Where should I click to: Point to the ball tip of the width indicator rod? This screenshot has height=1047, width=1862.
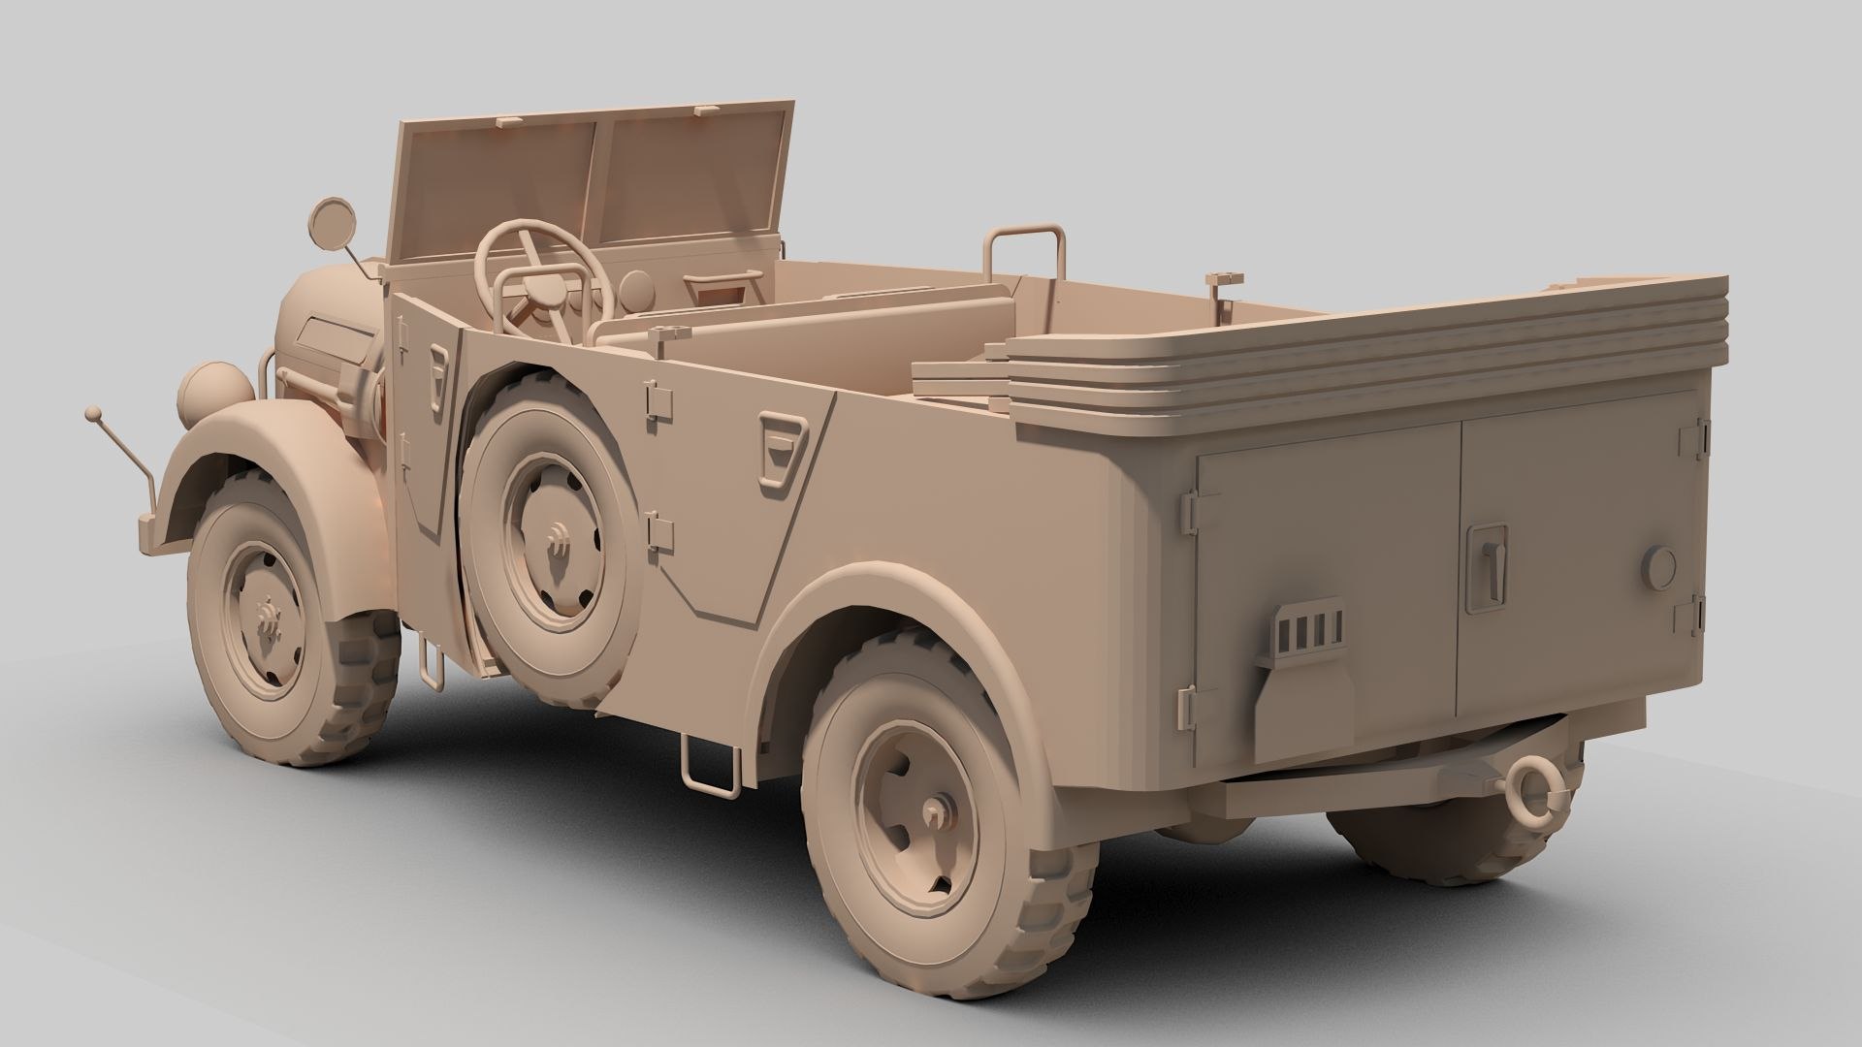(93, 415)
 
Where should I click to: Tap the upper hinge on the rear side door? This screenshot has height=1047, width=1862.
(658, 399)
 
